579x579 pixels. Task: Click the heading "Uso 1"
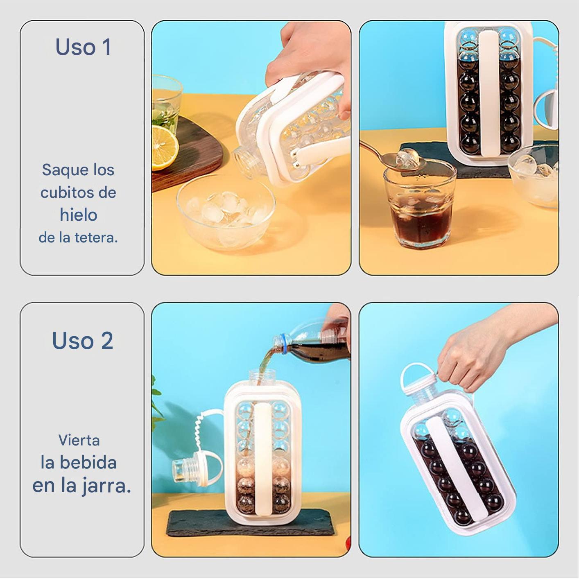83,47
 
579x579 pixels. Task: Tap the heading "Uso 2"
83,340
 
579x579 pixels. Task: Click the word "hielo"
79,215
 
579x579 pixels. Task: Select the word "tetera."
96,237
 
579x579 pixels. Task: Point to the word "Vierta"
79,440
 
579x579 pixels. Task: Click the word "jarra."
106,487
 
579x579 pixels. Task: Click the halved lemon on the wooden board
164,148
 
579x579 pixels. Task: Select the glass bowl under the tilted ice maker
226,212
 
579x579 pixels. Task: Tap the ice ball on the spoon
407,158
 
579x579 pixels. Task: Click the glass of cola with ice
419,207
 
